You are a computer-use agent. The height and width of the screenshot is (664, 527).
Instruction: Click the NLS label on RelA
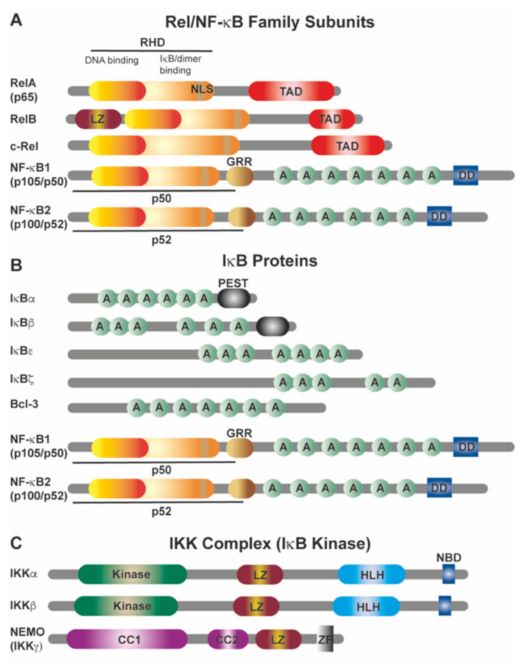(x=201, y=89)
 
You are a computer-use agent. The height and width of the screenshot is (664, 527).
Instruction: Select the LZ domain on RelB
(x=98, y=119)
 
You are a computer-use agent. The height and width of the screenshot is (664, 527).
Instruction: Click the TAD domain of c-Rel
(x=347, y=146)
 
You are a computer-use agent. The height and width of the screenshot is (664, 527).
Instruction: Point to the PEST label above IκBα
(x=233, y=283)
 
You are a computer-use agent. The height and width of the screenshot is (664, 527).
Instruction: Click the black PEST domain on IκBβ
(x=272, y=326)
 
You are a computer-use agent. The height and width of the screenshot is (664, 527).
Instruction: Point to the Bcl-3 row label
(x=24, y=404)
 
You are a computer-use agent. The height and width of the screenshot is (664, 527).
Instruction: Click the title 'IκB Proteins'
(x=270, y=261)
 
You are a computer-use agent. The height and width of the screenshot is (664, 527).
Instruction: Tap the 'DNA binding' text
(x=111, y=60)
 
